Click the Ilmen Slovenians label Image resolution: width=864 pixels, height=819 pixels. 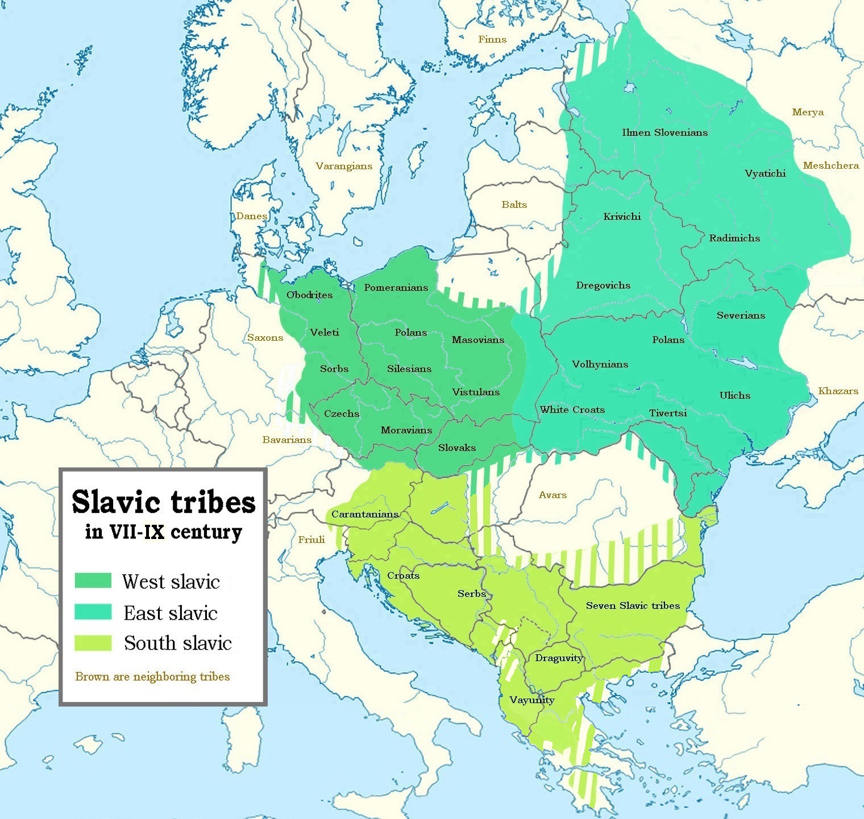click(x=664, y=132)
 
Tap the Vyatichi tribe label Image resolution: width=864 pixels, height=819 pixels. click(x=765, y=173)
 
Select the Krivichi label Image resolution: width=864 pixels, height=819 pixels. click(x=622, y=216)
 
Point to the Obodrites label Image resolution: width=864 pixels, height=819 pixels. click(x=309, y=295)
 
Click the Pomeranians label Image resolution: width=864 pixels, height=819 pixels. click(x=396, y=287)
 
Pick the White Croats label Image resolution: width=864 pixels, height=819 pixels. click(x=572, y=409)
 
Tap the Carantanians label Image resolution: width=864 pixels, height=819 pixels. click(x=364, y=514)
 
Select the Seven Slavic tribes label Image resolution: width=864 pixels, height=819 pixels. click(x=633, y=605)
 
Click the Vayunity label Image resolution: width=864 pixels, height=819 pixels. click(x=531, y=700)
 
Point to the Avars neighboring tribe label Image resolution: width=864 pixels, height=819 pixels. click(x=553, y=495)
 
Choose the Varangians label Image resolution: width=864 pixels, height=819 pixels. click(x=344, y=166)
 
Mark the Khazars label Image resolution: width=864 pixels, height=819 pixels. click(x=838, y=391)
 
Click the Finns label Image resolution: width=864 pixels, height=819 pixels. click(x=492, y=39)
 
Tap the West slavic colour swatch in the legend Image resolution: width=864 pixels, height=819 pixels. click(x=93, y=580)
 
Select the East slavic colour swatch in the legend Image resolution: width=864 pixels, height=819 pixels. click(x=93, y=612)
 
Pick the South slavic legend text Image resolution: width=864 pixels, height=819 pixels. click(x=178, y=643)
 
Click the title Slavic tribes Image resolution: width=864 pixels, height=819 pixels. click(x=164, y=502)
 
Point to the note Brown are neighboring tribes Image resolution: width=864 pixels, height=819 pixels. click(x=152, y=676)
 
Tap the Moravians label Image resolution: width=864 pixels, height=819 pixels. click(x=406, y=430)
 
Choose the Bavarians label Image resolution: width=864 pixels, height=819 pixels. click(x=286, y=440)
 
